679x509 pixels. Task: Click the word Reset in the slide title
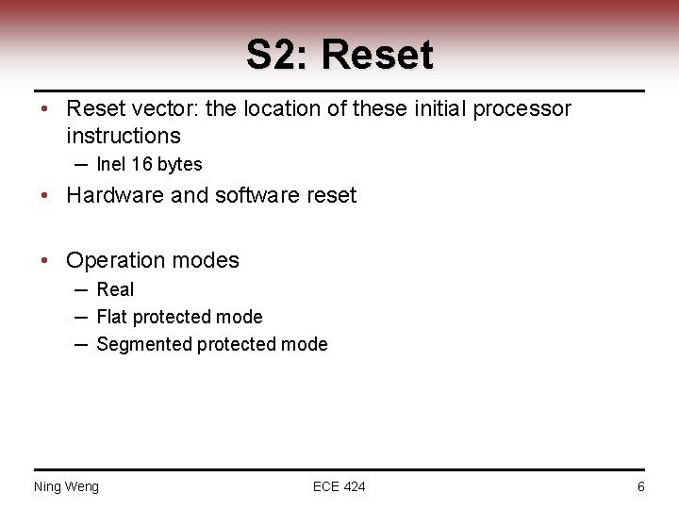pos(377,56)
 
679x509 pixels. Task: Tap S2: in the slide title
pos(278,56)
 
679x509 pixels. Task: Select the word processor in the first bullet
pos(525,109)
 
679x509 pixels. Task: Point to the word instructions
pos(124,137)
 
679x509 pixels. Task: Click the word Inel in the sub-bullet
pos(110,165)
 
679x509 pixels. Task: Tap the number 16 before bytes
pos(141,165)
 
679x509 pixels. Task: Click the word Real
pos(115,289)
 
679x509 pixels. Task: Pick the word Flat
pos(112,317)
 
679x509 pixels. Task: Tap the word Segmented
pos(144,345)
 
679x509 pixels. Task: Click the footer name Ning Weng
pos(66,486)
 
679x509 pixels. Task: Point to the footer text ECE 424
pos(339,486)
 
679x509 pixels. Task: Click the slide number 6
pos(641,486)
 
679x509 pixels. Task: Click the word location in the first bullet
pos(282,109)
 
